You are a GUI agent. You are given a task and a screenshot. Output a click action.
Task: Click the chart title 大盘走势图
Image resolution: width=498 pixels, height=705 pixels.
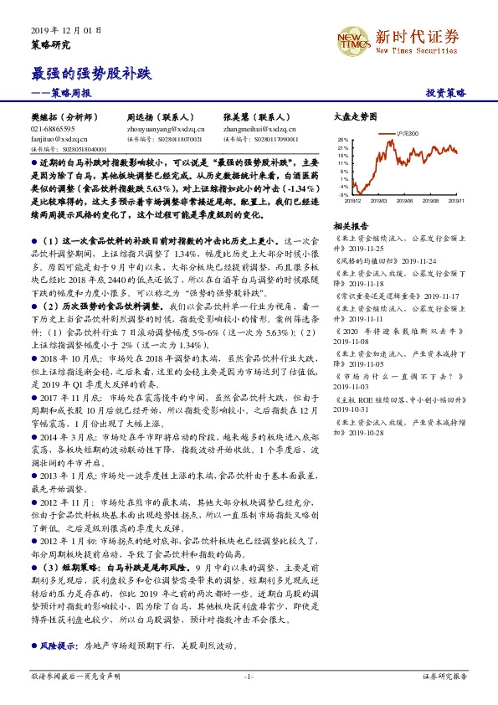click(356, 118)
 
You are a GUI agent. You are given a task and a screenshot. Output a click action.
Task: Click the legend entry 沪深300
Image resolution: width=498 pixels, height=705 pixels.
click(409, 134)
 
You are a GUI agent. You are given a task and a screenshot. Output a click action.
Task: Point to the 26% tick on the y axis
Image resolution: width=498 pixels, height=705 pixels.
click(343, 139)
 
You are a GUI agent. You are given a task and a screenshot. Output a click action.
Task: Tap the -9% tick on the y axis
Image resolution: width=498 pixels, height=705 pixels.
click(344, 193)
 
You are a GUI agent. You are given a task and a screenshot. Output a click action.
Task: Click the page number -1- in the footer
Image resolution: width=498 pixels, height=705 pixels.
click(249, 676)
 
